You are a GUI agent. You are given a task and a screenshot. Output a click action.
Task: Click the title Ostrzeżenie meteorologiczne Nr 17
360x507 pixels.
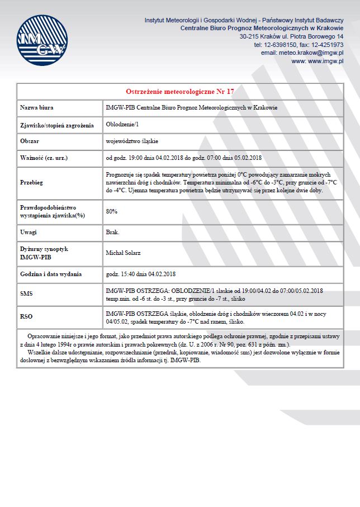click(x=179, y=91)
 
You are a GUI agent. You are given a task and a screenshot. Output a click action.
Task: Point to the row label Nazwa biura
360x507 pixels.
click(x=37, y=107)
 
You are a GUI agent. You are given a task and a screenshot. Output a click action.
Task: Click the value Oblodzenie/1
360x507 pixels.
click(x=121, y=125)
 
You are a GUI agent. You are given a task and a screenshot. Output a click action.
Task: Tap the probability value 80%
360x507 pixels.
click(x=111, y=211)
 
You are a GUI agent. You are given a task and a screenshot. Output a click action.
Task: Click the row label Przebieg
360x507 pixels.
click(x=32, y=182)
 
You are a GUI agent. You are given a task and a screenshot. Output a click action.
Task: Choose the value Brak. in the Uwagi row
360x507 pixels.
click(x=112, y=231)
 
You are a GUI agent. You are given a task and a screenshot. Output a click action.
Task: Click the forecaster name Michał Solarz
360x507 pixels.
click(x=123, y=253)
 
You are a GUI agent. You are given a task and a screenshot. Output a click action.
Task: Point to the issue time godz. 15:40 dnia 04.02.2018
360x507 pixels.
click(x=141, y=274)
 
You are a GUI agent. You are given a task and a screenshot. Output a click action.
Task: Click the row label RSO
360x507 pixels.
click(x=26, y=316)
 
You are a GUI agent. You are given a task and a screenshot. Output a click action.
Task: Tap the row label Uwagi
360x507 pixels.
click(x=29, y=231)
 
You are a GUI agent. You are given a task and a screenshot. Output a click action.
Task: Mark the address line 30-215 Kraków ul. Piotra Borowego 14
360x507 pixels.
click(x=291, y=36)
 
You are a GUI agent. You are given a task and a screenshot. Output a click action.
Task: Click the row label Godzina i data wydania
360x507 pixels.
click(x=51, y=274)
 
